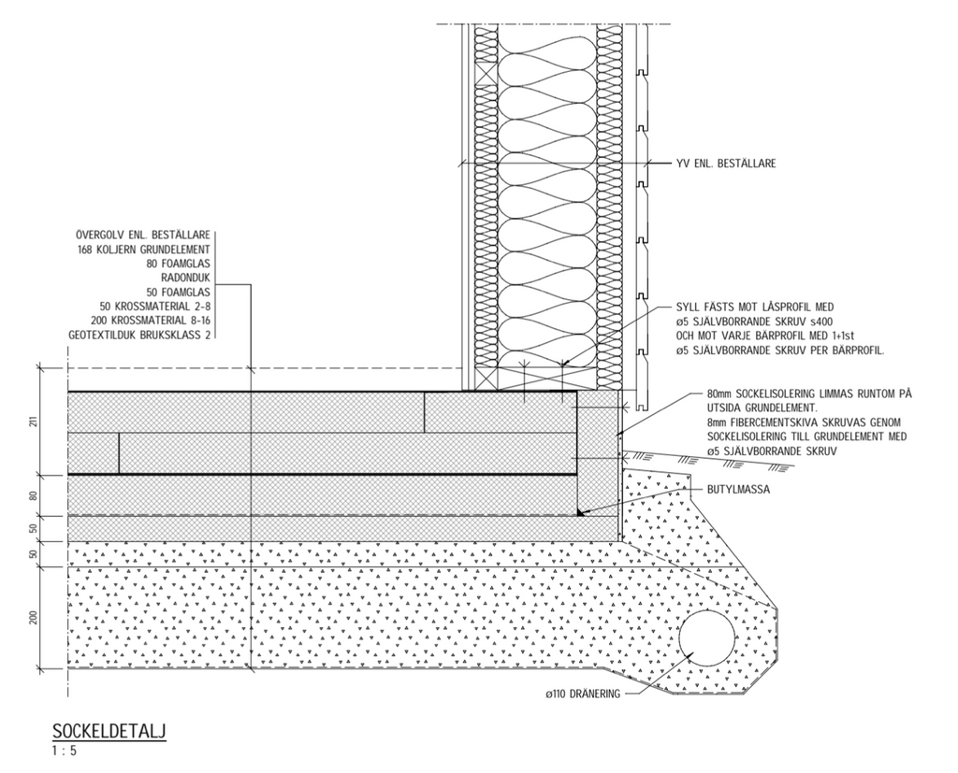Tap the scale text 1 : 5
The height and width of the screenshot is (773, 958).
[x=65, y=750]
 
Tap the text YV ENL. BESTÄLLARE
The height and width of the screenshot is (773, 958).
[x=725, y=164]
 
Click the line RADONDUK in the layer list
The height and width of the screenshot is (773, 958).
[x=185, y=278]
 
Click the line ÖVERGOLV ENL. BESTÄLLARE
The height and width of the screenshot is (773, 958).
[x=142, y=236]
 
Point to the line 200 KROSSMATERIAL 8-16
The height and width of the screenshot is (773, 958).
[x=151, y=320]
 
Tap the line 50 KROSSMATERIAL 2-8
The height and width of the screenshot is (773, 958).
[x=154, y=306]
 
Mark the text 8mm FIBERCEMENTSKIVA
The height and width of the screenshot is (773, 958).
[x=756, y=422]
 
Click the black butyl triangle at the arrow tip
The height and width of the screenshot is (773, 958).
[x=581, y=511]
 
